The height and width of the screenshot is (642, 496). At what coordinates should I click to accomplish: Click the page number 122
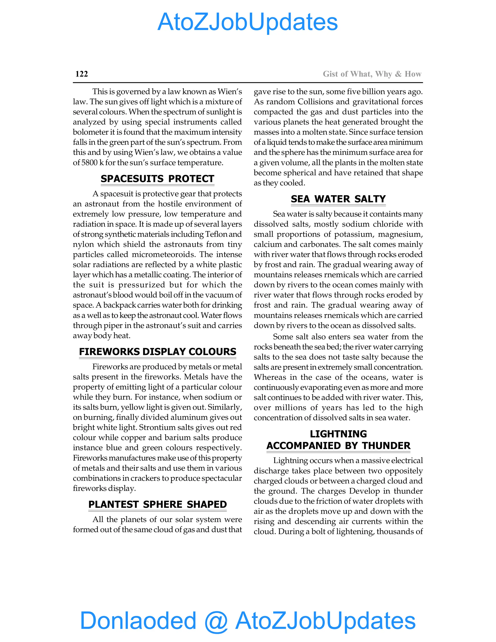81,74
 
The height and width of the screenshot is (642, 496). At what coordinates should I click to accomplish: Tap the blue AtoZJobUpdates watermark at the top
248,22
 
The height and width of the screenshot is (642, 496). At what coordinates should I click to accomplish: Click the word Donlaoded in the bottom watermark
138,620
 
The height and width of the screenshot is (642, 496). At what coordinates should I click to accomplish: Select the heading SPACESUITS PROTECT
157,179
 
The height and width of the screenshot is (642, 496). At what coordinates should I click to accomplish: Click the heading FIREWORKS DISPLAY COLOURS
157,352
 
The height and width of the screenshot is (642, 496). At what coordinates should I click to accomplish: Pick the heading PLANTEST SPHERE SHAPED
157,504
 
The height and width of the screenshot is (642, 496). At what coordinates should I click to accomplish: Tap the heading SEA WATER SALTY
338,199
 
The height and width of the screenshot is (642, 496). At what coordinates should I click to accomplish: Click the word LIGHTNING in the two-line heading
338,434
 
